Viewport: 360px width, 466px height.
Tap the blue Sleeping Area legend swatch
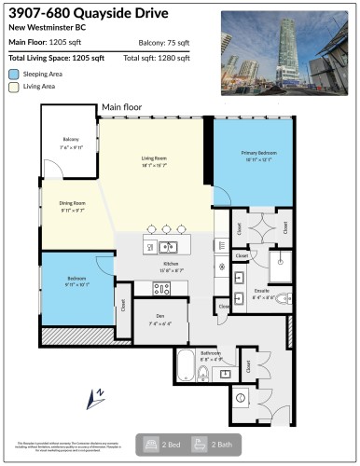[13, 73]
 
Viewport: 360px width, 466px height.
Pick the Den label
[160, 322]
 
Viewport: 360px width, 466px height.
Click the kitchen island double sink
[167, 246]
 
